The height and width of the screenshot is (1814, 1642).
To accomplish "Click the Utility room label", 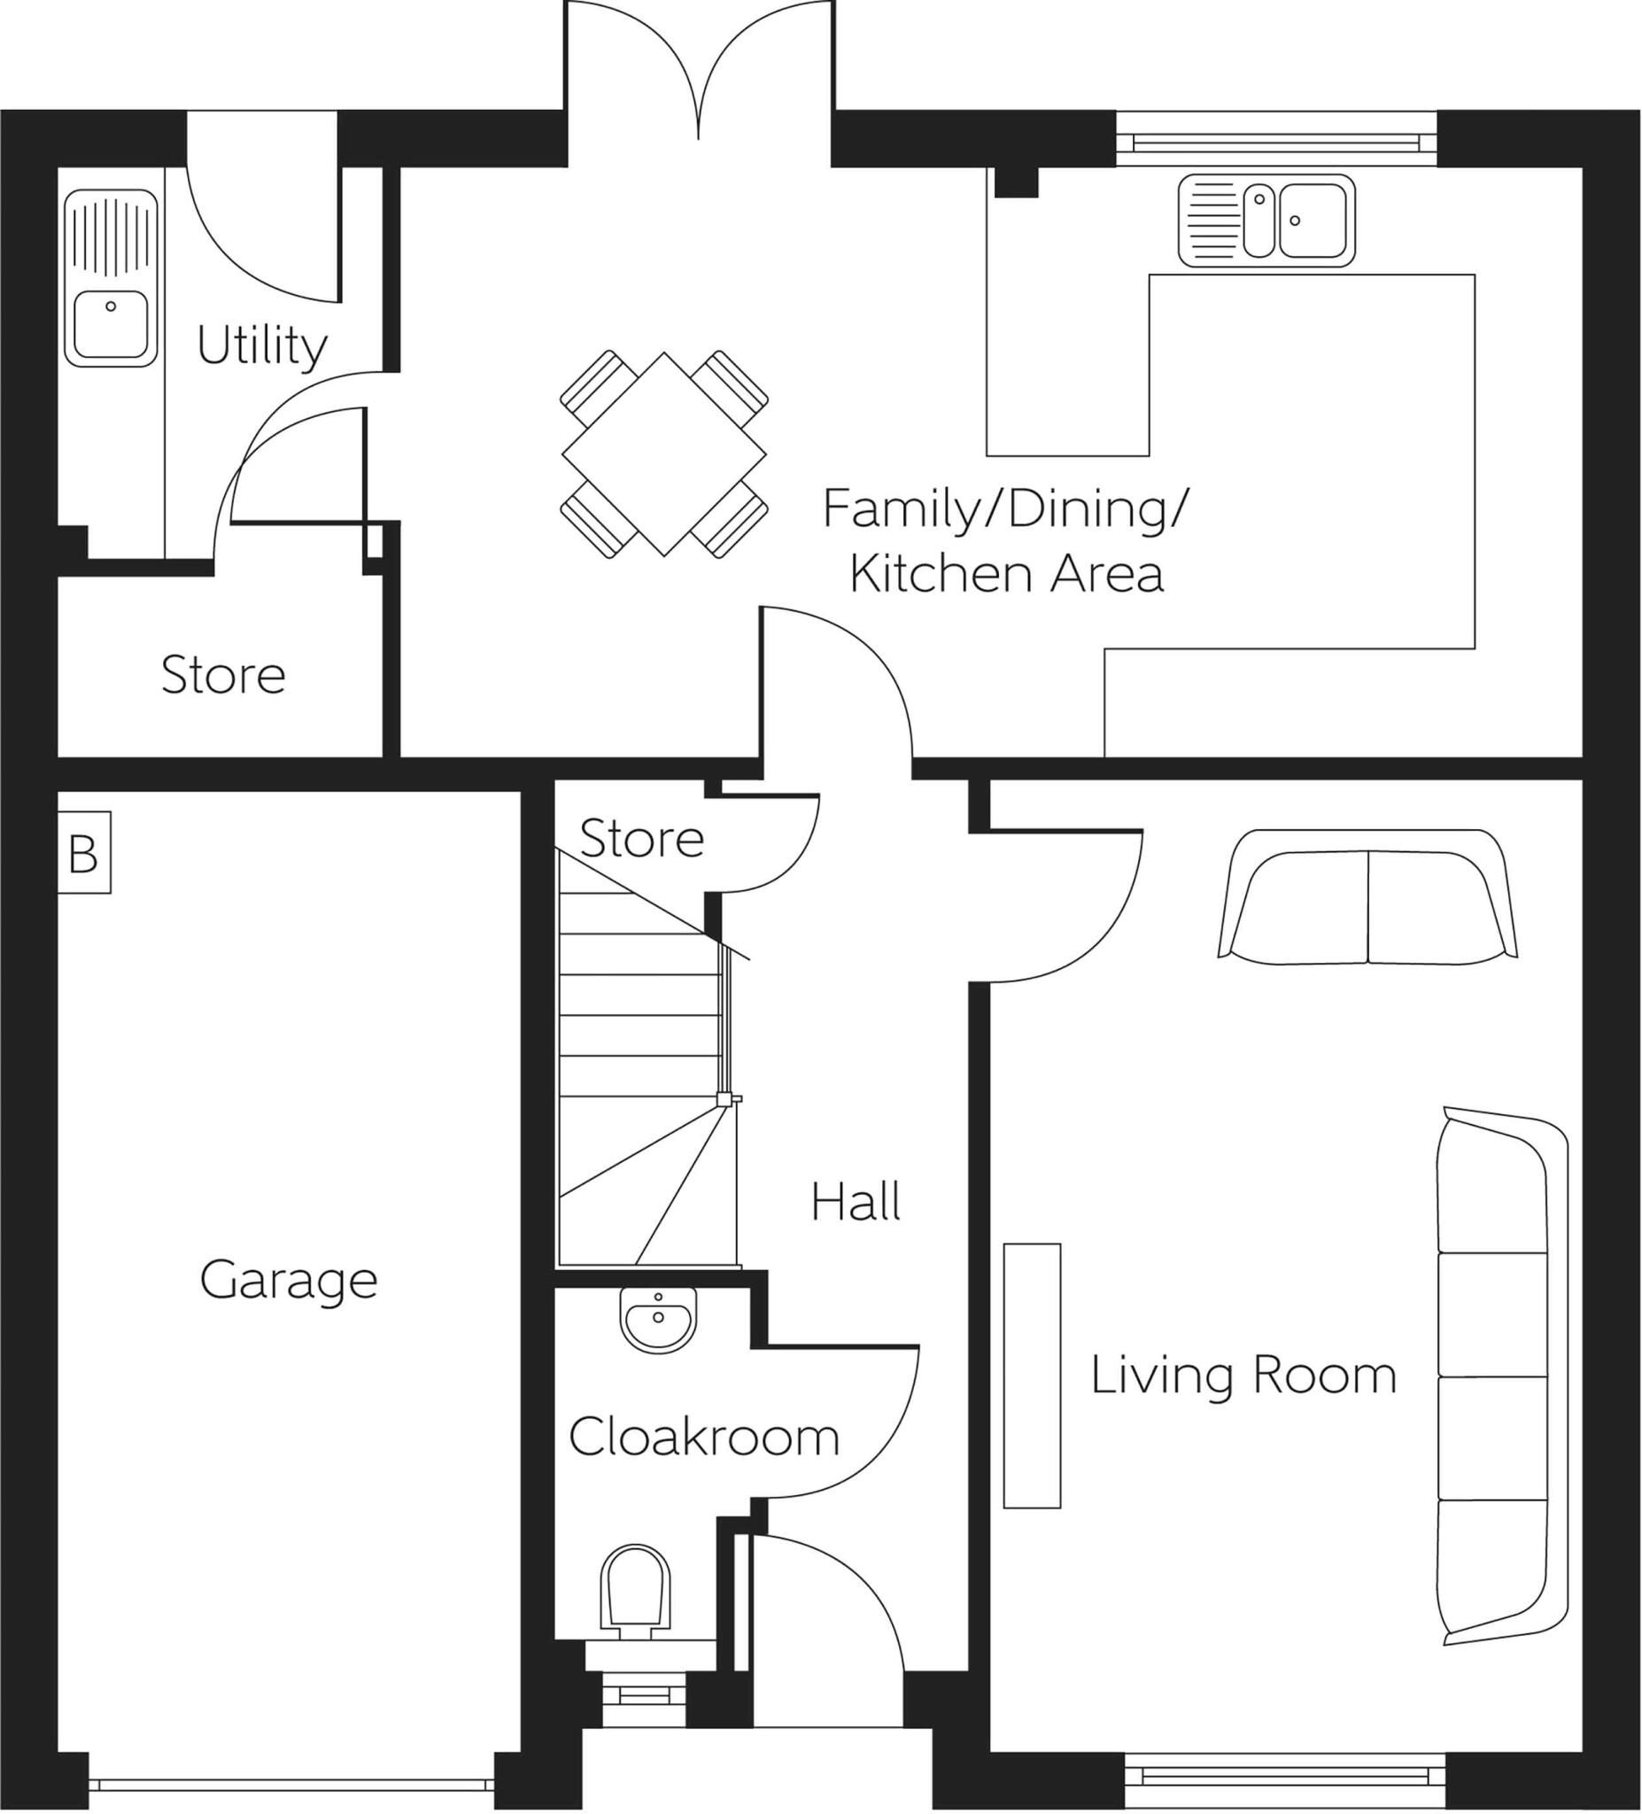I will click(261, 346).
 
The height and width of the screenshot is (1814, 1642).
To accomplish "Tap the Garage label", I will click(288, 1281).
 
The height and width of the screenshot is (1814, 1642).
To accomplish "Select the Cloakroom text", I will click(703, 1437).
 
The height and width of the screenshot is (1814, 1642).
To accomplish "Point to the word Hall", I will click(855, 1202).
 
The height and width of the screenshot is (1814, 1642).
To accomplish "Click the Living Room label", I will click(1243, 1375).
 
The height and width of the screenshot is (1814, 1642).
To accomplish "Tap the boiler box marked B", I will click(83, 853).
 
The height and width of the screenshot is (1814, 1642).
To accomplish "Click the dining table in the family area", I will click(664, 454).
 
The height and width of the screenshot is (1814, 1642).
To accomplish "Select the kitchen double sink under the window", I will click(1266, 221).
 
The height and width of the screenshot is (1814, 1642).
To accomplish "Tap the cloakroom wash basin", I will click(658, 1319).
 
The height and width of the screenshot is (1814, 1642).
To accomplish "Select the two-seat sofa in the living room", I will click(1367, 898).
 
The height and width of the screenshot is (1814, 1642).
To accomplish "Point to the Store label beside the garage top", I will click(223, 676).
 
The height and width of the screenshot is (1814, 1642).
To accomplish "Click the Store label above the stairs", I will click(640, 839).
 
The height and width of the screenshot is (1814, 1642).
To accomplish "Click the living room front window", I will click(1285, 1775).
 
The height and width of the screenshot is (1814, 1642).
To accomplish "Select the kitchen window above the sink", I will click(1276, 140).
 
